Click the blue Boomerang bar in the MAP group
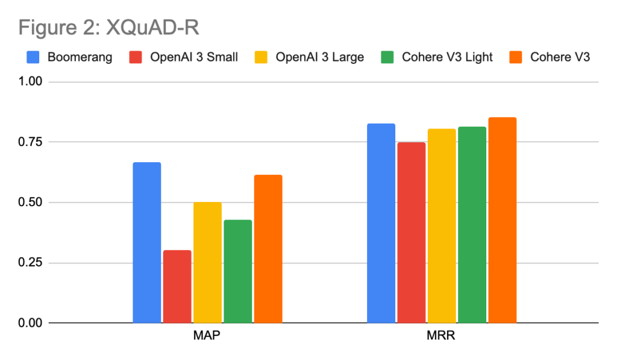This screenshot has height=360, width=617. click(x=147, y=242)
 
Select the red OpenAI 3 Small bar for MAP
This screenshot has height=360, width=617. click(x=177, y=286)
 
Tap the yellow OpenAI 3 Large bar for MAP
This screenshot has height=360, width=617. click(x=207, y=262)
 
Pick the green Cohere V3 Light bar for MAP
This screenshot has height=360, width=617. click(x=237, y=271)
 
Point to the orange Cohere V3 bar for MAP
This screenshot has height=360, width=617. click(x=268, y=248)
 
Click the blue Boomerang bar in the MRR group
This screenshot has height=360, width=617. click(x=381, y=223)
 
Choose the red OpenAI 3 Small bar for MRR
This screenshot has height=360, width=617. click(x=411, y=232)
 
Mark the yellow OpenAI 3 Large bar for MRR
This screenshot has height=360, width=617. click(x=442, y=226)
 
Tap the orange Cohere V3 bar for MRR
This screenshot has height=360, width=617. click(x=503, y=220)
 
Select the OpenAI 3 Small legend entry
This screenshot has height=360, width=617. click(x=184, y=57)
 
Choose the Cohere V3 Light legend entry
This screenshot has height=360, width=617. click(x=436, y=57)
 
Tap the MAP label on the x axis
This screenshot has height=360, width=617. click(x=207, y=335)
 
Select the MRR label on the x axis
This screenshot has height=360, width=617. click(x=442, y=335)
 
